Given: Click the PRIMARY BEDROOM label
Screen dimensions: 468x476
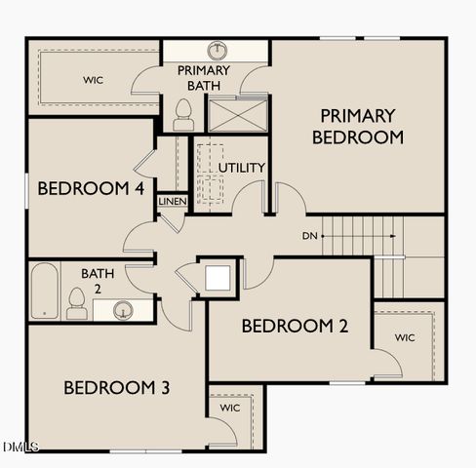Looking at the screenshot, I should pos(357,127).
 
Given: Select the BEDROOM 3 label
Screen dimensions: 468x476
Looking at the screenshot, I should pos(117,388).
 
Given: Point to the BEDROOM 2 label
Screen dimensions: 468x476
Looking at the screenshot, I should pos(295,326).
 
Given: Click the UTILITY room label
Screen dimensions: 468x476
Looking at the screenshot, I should pos(241,168).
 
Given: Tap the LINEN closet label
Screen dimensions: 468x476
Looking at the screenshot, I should pos(172,201).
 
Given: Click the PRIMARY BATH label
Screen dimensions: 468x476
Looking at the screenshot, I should pos(204,78).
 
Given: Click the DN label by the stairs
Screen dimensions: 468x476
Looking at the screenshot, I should pos(309,236).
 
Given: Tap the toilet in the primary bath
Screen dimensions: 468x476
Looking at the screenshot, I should pos(182,115).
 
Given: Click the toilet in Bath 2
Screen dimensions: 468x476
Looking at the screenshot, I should pos(76,304).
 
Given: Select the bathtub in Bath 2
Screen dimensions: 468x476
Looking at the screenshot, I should pos(43,291).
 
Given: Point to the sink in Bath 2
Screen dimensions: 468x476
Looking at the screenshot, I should pos(124,310).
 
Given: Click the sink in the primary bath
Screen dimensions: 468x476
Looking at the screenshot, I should pos(216,50).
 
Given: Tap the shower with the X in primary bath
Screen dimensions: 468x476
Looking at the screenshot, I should pos(235,115).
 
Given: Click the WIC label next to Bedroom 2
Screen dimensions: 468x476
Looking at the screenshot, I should pos(406,337).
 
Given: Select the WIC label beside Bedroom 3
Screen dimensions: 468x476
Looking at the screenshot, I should pos(230,408).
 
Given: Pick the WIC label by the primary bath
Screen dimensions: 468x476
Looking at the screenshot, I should pos(94,80).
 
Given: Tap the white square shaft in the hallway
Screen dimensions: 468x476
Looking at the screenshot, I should pos(218,277).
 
